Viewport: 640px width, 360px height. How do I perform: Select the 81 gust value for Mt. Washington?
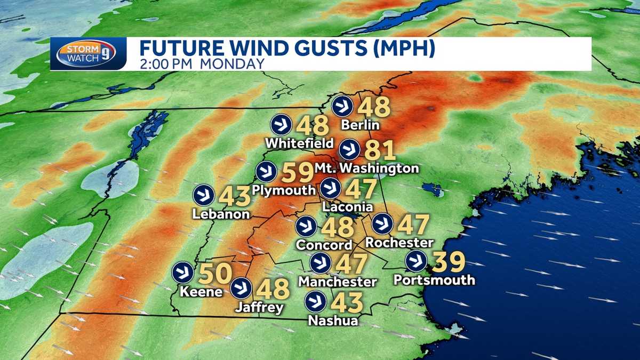[x=380, y=150]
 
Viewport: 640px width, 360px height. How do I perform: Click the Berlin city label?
[x=362, y=125]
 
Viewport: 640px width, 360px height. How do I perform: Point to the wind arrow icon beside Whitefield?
[x=281, y=125]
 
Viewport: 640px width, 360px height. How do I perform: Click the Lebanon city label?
[x=222, y=214]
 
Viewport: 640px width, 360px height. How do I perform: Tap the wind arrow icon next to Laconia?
[x=330, y=188]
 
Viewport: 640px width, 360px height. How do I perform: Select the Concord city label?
[x=326, y=245]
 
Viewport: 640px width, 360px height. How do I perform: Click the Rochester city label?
[x=399, y=243]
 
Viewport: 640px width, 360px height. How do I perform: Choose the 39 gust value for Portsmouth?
[x=449, y=261]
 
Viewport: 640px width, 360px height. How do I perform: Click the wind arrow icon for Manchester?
[x=320, y=262]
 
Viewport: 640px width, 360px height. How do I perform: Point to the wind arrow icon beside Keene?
[x=183, y=273]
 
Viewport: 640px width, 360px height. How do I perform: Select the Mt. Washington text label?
[x=373, y=169]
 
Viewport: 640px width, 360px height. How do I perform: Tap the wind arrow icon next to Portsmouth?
[x=415, y=261]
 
